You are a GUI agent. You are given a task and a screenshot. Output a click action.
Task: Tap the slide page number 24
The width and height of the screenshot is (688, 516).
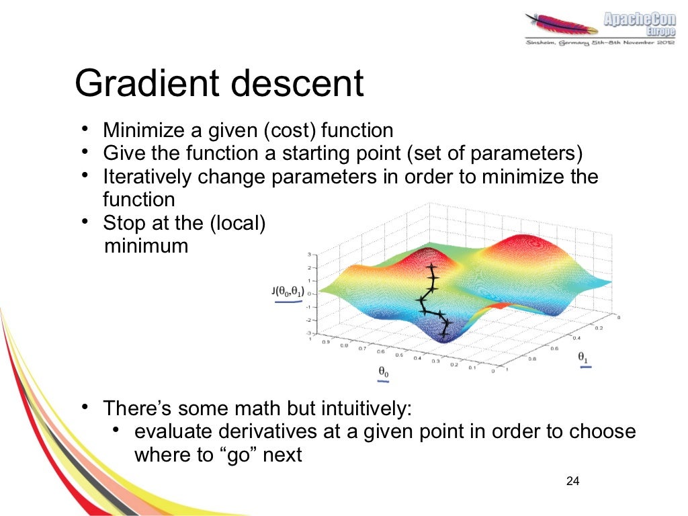point(573,481)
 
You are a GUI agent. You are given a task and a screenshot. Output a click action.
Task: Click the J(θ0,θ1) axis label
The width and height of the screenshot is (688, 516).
point(288,292)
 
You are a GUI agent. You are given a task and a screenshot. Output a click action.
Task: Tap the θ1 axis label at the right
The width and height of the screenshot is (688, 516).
point(583,359)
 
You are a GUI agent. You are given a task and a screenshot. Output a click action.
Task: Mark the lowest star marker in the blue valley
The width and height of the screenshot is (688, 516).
point(444,333)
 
